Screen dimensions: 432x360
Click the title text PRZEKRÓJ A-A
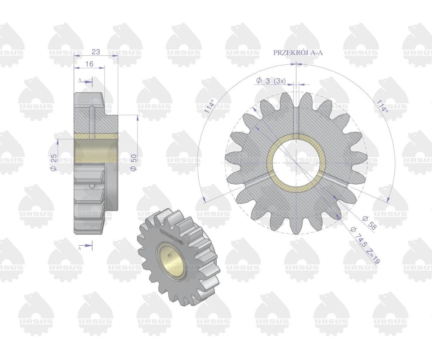tap(298, 53)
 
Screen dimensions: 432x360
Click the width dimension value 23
tap(96, 51)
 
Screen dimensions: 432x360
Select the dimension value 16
tap(89, 64)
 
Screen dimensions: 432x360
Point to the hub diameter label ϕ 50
tap(134, 163)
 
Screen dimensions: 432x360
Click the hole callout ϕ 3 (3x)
tap(271, 81)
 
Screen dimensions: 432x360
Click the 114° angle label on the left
tap(209, 106)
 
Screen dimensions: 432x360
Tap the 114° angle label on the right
tap(382, 106)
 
